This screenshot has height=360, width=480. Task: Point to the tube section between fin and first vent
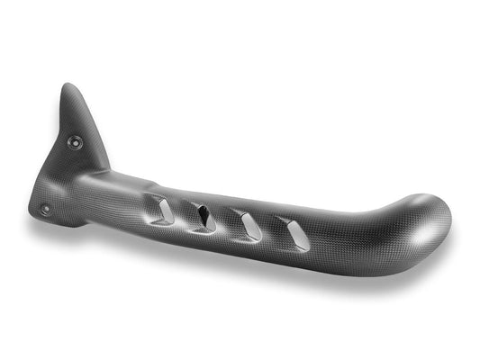coord(135,193)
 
